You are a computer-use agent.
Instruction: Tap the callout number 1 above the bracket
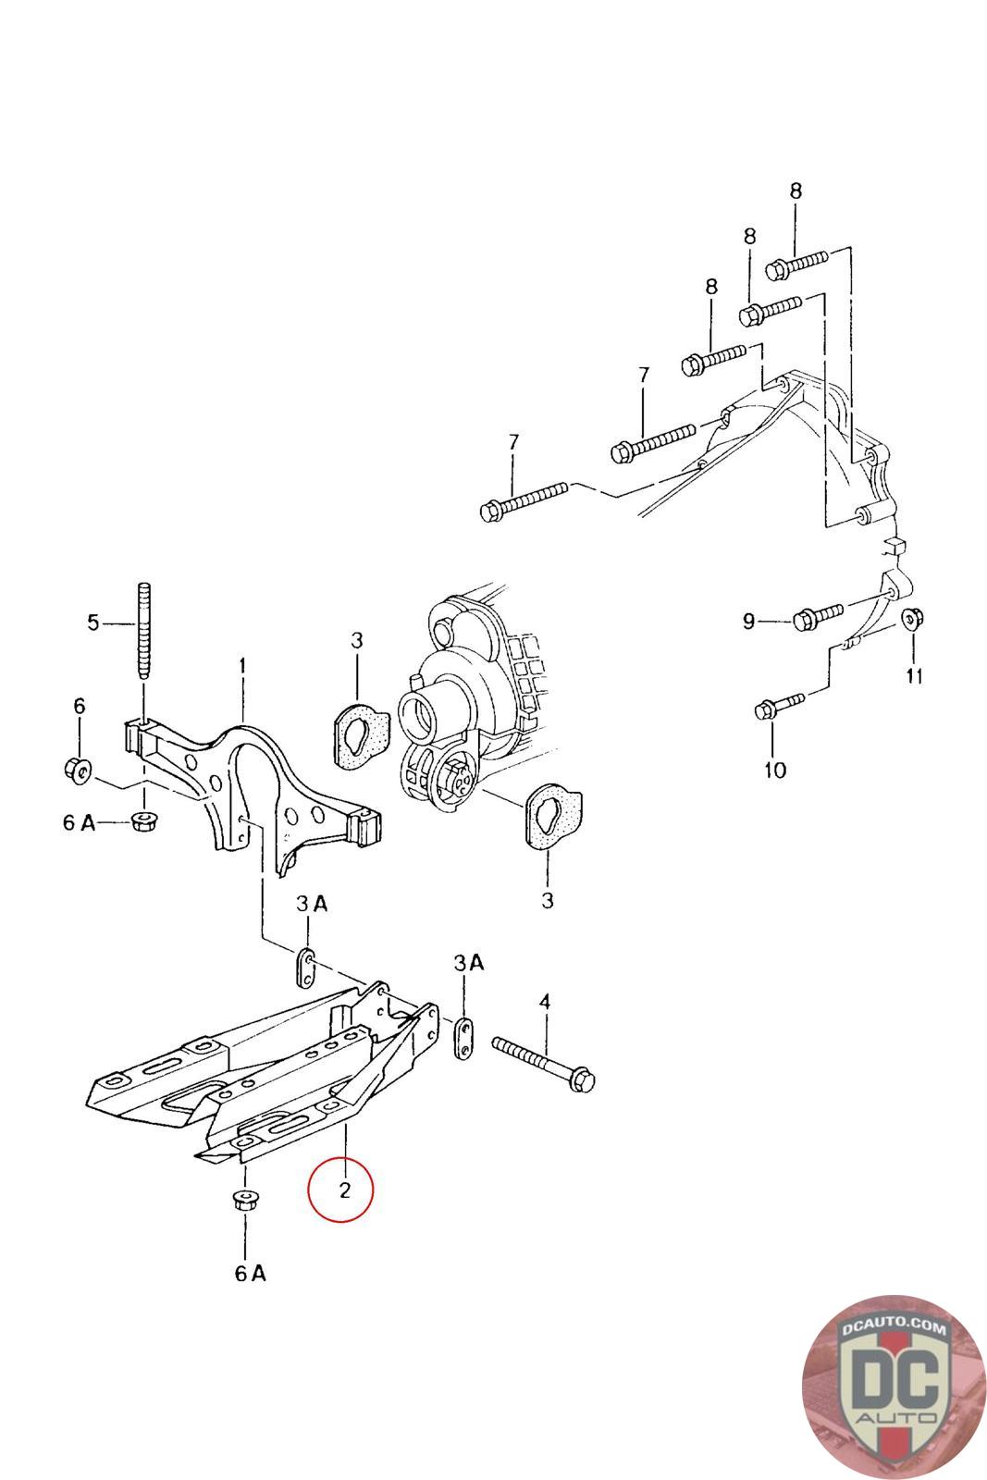(x=242, y=665)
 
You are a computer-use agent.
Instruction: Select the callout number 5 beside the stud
(x=93, y=623)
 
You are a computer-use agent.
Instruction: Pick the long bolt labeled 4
(x=544, y=1065)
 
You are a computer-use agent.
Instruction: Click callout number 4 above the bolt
(x=544, y=1002)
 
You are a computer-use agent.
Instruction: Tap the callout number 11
(x=914, y=675)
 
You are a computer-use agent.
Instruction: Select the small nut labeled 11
(x=912, y=619)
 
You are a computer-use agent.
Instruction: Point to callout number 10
(x=775, y=770)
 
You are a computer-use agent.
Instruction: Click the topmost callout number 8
(x=796, y=191)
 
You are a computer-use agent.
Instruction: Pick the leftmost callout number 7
(x=513, y=442)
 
